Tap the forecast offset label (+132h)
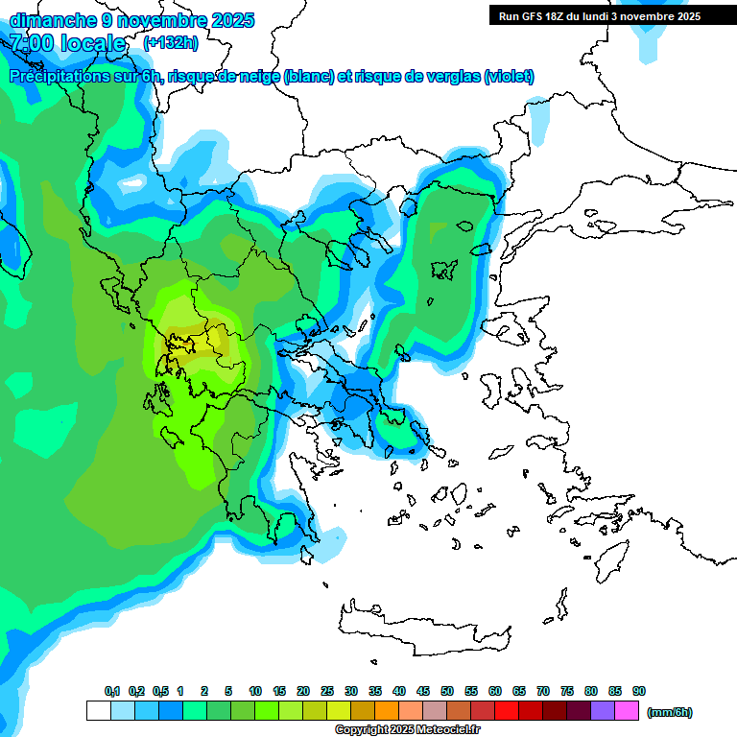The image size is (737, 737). [x=171, y=42]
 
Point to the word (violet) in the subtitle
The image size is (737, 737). [x=509, y=77]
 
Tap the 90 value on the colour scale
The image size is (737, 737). [x=639, y=691]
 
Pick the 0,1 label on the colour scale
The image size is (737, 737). [x=112, y=691]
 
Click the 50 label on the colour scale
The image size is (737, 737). [x=447, y=691]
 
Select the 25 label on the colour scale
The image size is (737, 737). [x=327, y=691]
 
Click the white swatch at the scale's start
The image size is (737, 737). [x=98, y=711]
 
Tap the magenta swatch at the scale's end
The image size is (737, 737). [x=627, y=711]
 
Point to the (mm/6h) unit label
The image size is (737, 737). [x=669, y=712]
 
